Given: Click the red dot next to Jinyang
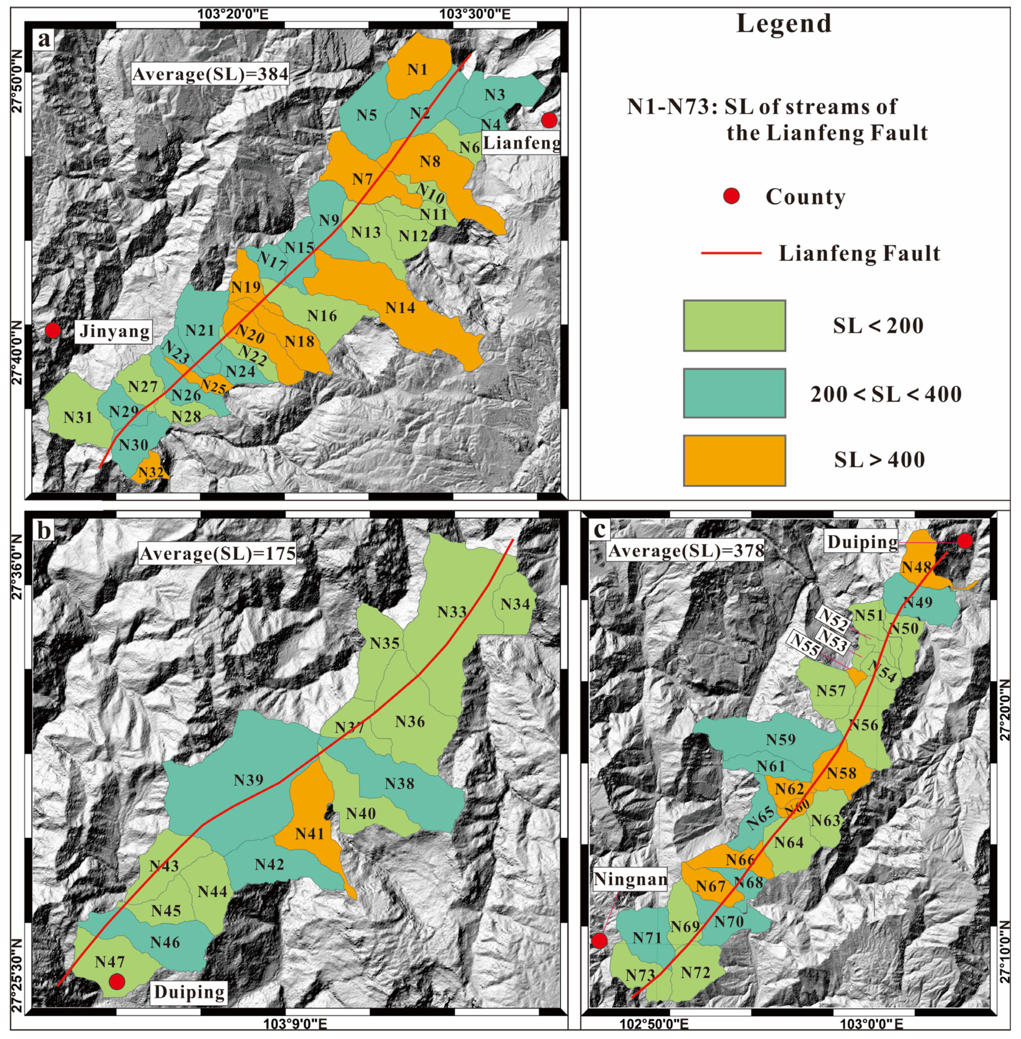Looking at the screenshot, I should coord(52,330).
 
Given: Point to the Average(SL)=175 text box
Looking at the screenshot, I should coord(217,553).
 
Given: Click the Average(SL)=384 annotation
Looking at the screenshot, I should coord(210,73).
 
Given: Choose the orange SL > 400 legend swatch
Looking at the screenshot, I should coord(734,460).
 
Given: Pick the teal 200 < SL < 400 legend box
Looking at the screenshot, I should coord(734,393).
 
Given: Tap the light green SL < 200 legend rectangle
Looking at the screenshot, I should coord(734,326).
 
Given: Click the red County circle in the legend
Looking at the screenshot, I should coord(731,197).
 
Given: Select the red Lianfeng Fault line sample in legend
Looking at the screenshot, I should coord(731,253).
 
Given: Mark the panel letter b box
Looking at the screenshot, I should coord(43,530).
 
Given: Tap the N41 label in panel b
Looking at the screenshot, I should coord(310,833).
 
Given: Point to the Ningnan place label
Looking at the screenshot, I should coord(630,879).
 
